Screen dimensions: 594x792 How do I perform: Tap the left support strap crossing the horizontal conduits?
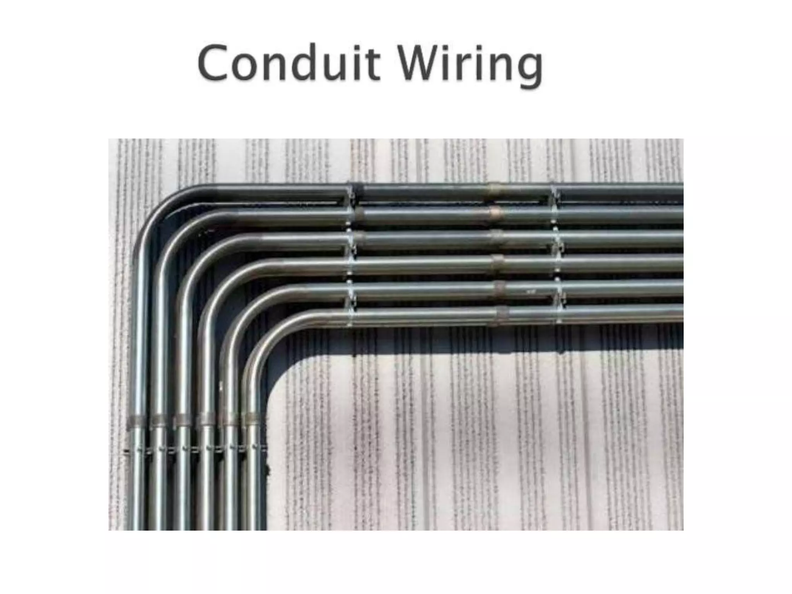(351, 255)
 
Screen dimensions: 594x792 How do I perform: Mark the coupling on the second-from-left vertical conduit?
(158, 419)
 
